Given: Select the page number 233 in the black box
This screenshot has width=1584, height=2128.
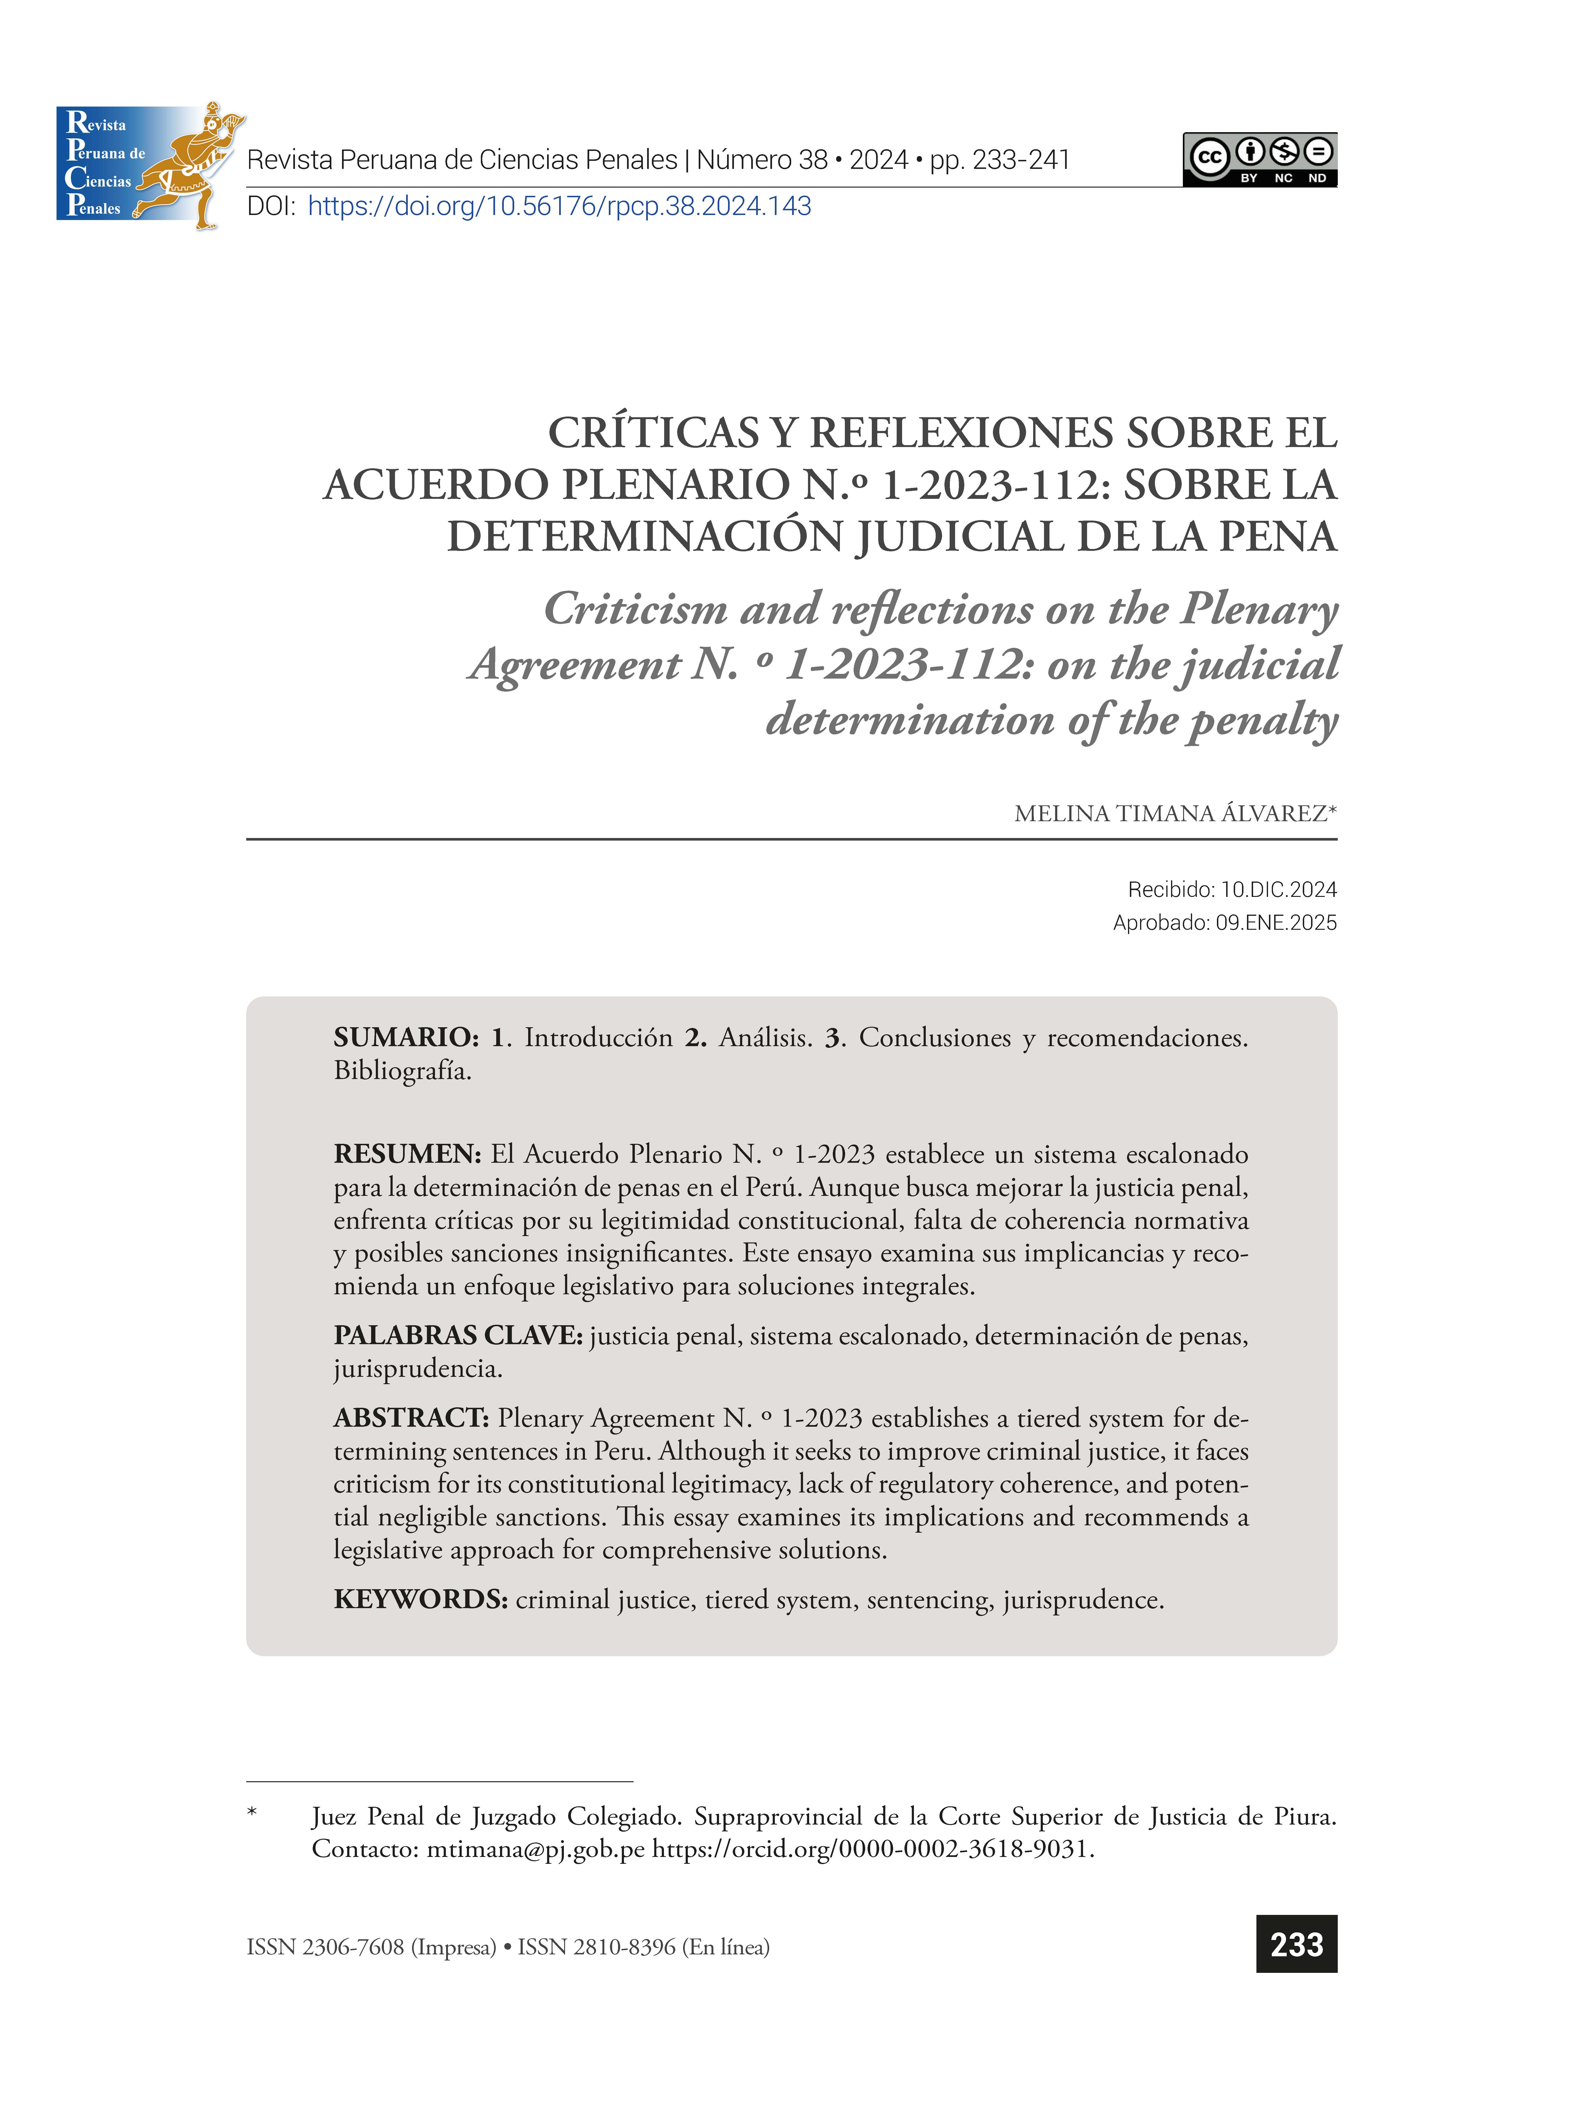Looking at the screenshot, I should pos(1296,1944).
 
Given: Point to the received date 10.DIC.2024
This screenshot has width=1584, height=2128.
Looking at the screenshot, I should pos(1278,890).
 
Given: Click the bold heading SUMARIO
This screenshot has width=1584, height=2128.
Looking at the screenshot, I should pos(406,1037).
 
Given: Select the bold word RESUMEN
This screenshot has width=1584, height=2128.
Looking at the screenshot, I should pos(407,1154).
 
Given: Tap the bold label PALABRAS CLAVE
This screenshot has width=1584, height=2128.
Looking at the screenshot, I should pos(457,1335).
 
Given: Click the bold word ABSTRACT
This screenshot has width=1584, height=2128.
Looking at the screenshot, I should pos(411,1418).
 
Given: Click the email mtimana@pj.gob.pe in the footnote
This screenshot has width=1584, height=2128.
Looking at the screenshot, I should pos(535,1849).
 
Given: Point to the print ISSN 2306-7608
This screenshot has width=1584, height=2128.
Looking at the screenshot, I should pos(353,1947).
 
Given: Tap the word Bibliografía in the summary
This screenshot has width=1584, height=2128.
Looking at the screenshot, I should pos(402,1071).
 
